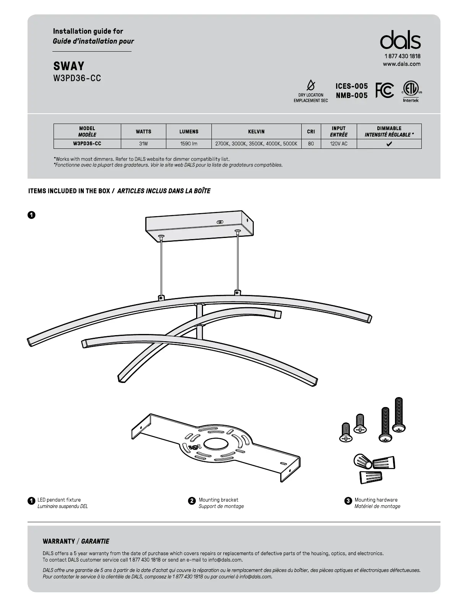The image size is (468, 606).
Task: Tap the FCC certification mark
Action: click(x=384, y=90)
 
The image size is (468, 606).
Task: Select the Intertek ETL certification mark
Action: click(x=411, y=92)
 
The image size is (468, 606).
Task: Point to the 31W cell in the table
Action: click(x=143, y=144)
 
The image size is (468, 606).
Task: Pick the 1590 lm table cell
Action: click(x=189, y=144)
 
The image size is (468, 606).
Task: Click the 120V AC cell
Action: click(x=339, y=144)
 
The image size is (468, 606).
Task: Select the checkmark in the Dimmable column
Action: click(x=389, y=144)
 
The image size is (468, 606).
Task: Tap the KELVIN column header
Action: click(x=256, y=132)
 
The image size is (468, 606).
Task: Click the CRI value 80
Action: click(x=311, y=144)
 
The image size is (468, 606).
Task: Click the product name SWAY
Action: click(x=69, y=66)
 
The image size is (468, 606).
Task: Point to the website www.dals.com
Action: click(x=401, y=64)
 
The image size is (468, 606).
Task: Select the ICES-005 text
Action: click(x=351, y=86)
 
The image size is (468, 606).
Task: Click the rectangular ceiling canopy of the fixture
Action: click(x=199, y=225)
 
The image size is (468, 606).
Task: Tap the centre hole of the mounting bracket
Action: click(x=216, y=444)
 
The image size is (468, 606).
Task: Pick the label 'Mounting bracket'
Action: click(x=218, y=500)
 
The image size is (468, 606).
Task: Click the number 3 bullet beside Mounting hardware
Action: click(x=348, y=501)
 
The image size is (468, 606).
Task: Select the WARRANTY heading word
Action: click(x=59, y=541)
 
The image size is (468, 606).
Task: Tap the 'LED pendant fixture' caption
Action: click(x=59, y=500)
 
